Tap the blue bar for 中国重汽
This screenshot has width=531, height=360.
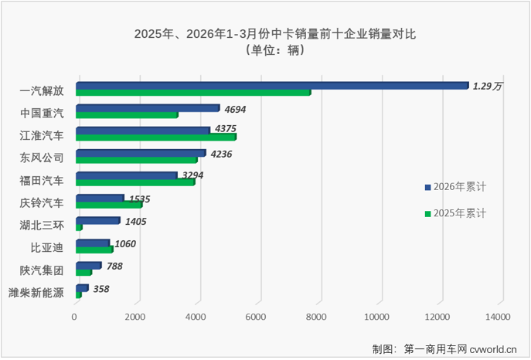[x=147, y=108]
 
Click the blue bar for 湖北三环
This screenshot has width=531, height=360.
[x=97, y=220]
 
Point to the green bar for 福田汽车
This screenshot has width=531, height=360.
[x=134, y=182]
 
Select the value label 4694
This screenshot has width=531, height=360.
[x=236, y=110]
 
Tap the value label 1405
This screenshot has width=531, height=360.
[x=135, y=222]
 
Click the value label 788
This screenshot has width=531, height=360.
[x=114, y=267]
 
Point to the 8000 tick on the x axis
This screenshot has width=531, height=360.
[x=317, y=317]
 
